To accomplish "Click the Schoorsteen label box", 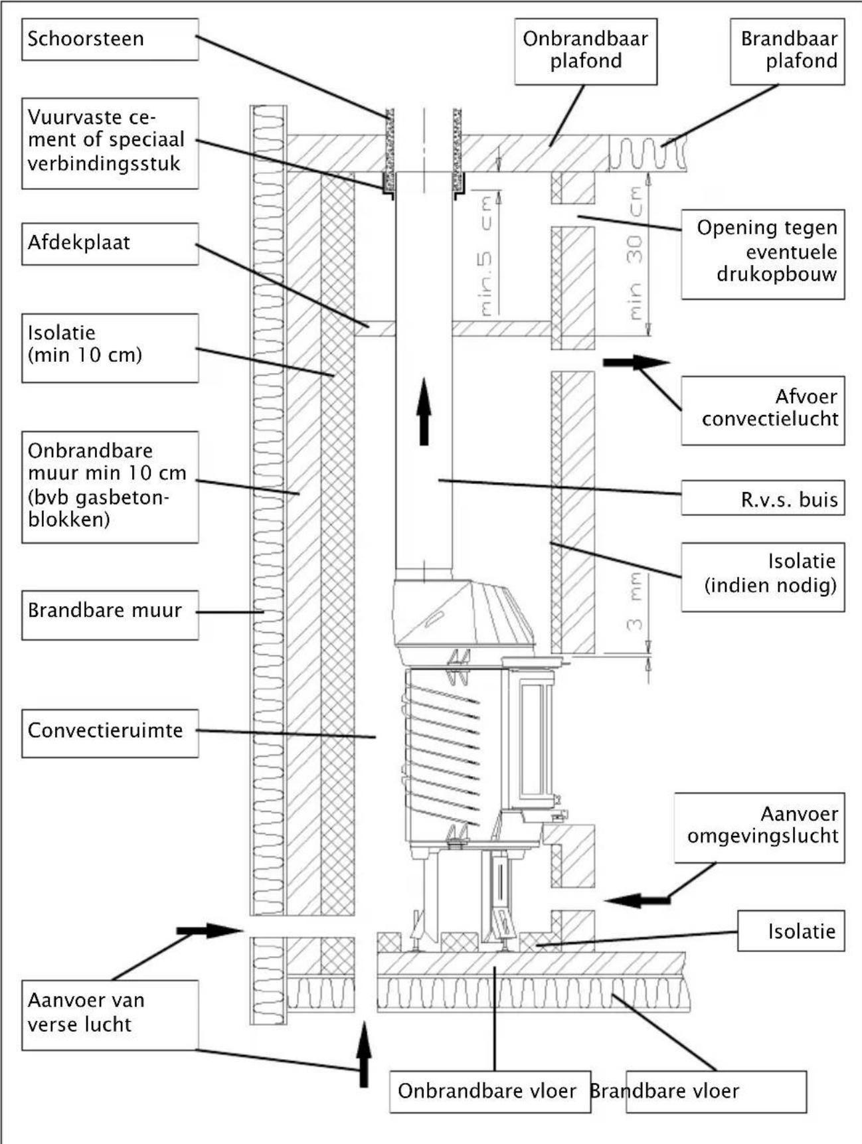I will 110,39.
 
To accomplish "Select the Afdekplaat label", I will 110,243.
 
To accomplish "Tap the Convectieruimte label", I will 110,732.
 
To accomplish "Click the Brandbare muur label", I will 110,614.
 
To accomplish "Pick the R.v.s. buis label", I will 762,498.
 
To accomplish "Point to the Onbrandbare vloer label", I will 489,1091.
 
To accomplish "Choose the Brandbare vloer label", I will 715,1091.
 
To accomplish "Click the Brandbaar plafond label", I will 787,51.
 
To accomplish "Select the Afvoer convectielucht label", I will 762,410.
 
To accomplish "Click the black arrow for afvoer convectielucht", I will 636,363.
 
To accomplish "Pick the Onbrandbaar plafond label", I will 585,51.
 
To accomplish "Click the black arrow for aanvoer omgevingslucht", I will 637,900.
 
